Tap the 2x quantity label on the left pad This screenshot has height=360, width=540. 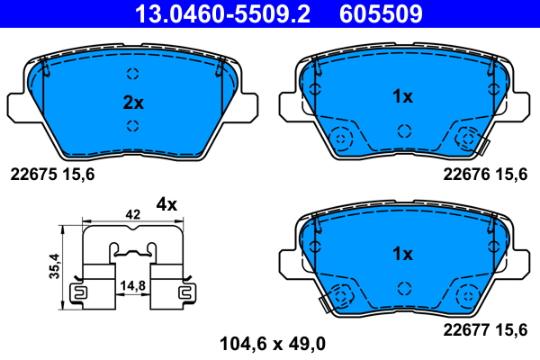(133, 102)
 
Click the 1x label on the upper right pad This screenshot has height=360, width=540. (402, 95)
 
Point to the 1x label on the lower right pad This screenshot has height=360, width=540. (402, 254)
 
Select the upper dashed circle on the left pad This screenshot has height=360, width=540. (133, 75)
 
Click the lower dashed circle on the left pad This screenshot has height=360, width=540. (133, 125)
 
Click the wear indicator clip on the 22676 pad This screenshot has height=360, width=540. (482, 145)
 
